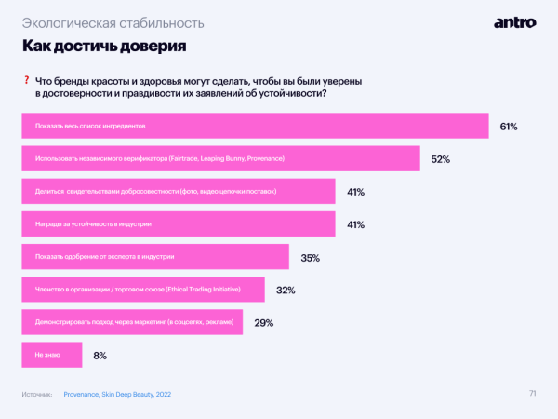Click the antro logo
click(x=513, y=21)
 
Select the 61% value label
click(x=508, y=126)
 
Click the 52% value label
click(x=441, y=159)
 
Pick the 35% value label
click(x=311, y=258)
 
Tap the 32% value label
click(x=286, y=291)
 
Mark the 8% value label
click(x=100, y=356)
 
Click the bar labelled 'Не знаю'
click(x=51, y=355)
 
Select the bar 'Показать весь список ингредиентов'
click(x=255, y=126)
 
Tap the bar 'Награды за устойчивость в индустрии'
click(x=178, y=224)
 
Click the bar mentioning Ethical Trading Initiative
click(x=142, y=291)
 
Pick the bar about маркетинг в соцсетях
click(x=131, y=322)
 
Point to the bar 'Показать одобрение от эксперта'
click(x=154, y=257)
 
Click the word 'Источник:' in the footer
click(x=36, y=395)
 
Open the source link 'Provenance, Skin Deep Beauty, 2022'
click(x=117, y=395)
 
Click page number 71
click(x=532, y=393)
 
